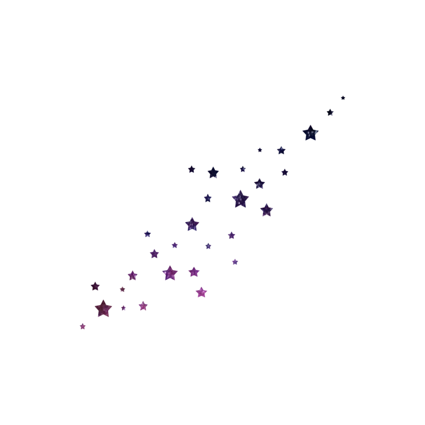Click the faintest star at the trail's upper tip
[343, 98]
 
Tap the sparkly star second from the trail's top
[330, 113]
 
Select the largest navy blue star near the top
[310, 133]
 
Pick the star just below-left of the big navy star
[282, 150]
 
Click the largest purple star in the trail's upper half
[240, 199]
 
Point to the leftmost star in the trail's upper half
[191, 169]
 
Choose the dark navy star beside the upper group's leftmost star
[213, 173]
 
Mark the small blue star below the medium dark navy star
[208, 198]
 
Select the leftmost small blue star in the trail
[148, 234]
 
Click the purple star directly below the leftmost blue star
[155, 254]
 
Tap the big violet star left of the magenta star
[170, 273]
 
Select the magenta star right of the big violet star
[194, 272]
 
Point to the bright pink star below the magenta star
[201, 292]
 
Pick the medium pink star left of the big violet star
[133, 275]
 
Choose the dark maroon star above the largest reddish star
[95, 287]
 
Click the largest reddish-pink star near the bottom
[103, 308]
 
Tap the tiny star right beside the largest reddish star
[124, 308]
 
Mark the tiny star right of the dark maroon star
[122, 289]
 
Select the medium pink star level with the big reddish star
[143, 305]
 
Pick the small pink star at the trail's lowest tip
[83, 326]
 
